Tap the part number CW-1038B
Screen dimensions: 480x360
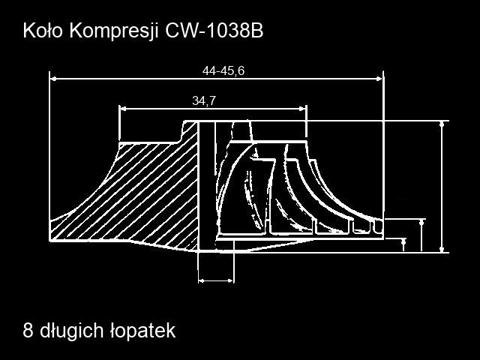click(x=214, y=31)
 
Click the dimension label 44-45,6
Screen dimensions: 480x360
click(x=223, y=71)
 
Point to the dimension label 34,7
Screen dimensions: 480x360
click(x=204, y=100)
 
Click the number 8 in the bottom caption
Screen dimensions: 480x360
click(x=28, y=331)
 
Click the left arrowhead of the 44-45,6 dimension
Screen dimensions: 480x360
click(x=53, y=79)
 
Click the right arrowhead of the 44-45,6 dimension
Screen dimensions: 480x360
click(x=379, y=79)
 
